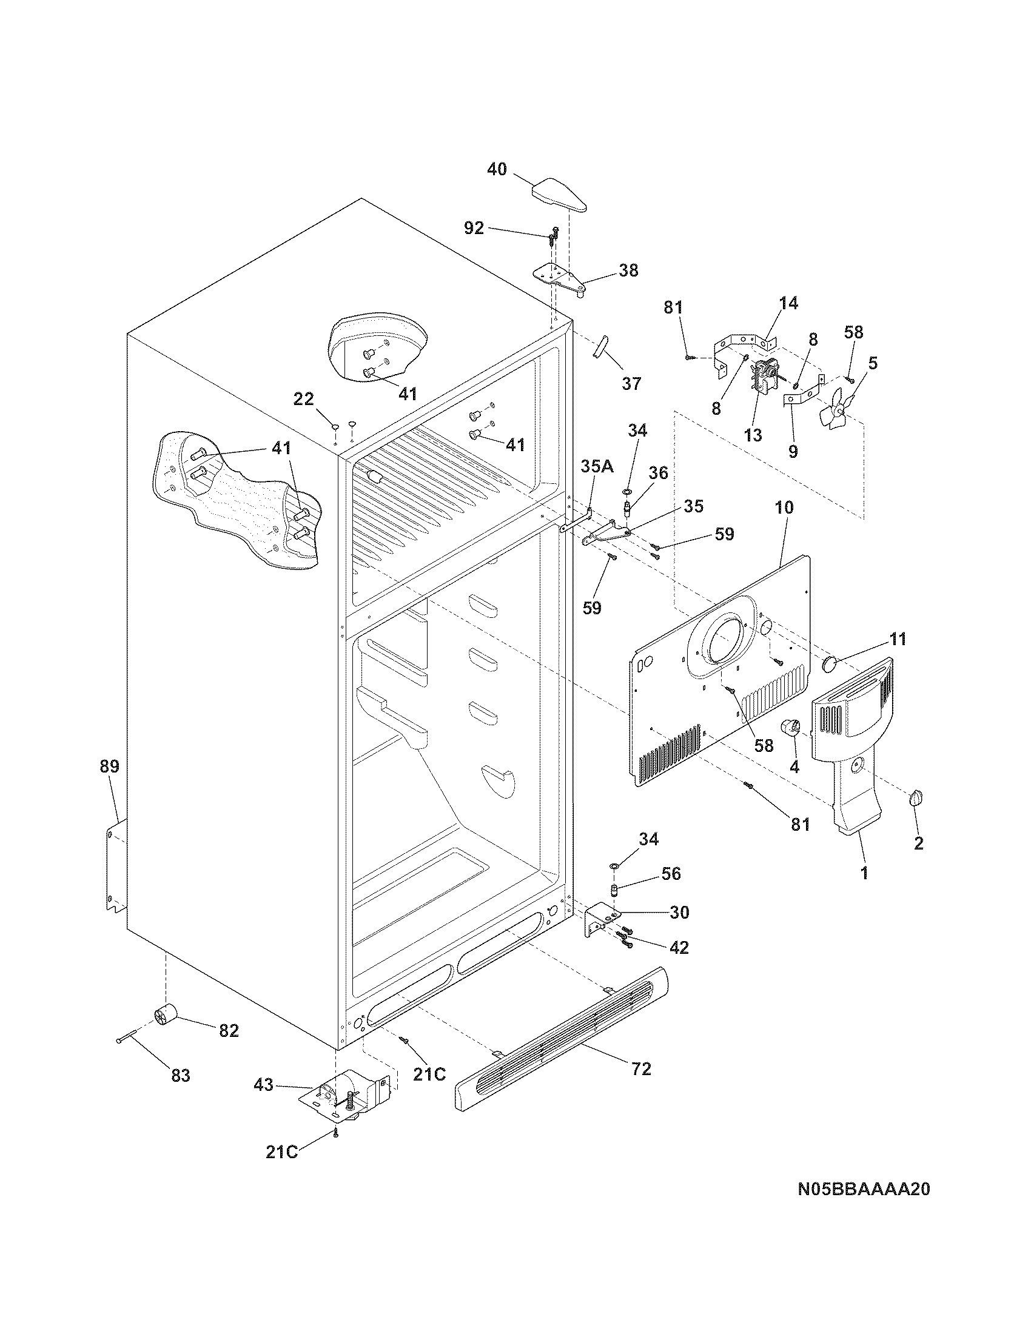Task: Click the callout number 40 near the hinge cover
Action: pyautogui.click(x=497, y=169)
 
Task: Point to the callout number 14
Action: pyautogui.click(x=788, y=303)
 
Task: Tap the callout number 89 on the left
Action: pyautogui.click(x=109, y=766)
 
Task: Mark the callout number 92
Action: pyautogui.click(x=474, y=228)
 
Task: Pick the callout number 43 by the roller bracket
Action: pyautogui.click(x=264, y=1085)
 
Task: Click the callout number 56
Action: pyautogui.click(x=670, y=873)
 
